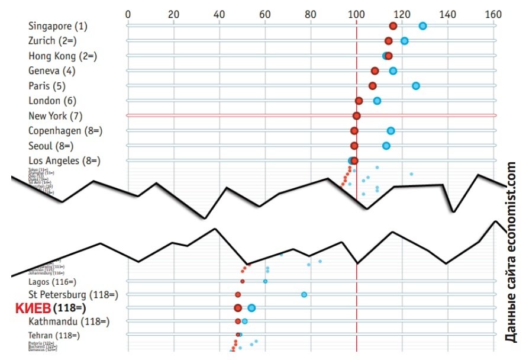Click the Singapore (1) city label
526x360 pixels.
point(57,26)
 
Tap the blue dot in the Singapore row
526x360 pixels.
point(422,25)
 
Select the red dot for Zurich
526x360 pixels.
point(389,41)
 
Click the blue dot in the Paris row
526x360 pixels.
point(416,86)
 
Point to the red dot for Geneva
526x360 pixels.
point(375,70)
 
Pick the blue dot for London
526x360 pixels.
point(377,101)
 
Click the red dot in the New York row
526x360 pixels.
point(356,115)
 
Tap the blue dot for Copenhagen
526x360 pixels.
point(391,130)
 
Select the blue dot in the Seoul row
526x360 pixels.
point(386,146)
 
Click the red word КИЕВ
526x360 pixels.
point(33,308)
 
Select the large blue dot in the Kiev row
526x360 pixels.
point(251,307)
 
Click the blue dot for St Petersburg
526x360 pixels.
point(304,294)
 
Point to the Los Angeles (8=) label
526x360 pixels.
point(64,160)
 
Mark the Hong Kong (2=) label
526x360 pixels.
point(63,56)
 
